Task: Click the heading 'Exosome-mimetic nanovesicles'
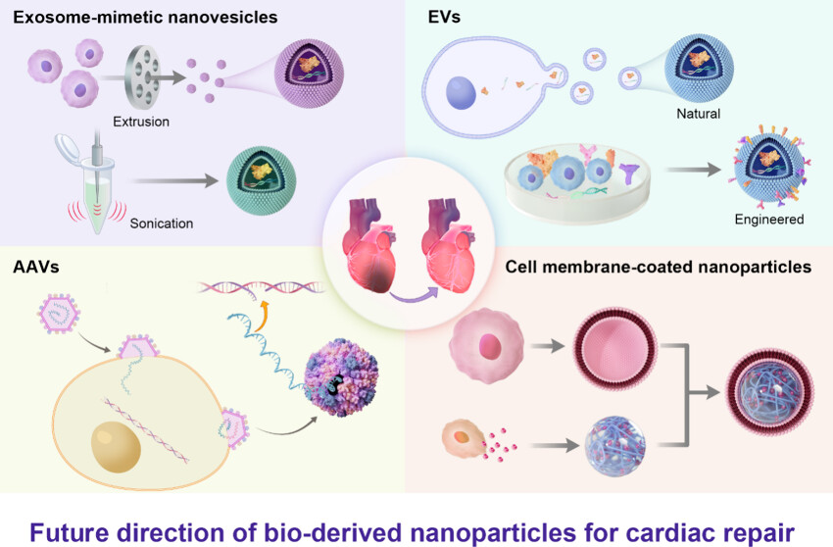145,17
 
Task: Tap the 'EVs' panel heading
448,17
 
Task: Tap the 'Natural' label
698,114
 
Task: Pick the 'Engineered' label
768,220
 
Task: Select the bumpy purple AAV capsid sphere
341,376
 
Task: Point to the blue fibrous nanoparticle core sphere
614,446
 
